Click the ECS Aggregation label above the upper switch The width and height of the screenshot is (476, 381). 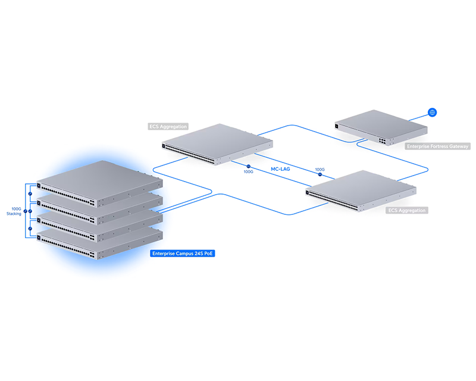pos(168,126)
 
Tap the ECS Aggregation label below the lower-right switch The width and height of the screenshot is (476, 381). pos(407,210)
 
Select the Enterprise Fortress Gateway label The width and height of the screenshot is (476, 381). pos(437,146)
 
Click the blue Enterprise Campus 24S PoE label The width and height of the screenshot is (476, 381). pos(183,254)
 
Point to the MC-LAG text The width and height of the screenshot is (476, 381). pos(280,169)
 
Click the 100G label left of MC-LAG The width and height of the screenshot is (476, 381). pos(248,172)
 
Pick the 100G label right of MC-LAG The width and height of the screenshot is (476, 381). pos(320,170)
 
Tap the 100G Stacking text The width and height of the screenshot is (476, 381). pos(14,211)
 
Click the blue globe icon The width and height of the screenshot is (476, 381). pos(433,113)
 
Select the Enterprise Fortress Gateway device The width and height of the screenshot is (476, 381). pos(381,127)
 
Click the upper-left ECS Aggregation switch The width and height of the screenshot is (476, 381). pos(217,144)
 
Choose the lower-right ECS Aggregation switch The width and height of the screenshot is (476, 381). pos(361,190)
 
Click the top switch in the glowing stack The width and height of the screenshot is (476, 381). pos(99,183)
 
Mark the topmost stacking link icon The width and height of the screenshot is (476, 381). pos(30,193)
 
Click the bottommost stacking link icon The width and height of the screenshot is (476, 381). pos(30,229)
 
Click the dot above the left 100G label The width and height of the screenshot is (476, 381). pos(248,166)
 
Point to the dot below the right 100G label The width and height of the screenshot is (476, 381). pos(320,174)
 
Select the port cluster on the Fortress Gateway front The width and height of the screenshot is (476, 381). pos(382,140)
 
